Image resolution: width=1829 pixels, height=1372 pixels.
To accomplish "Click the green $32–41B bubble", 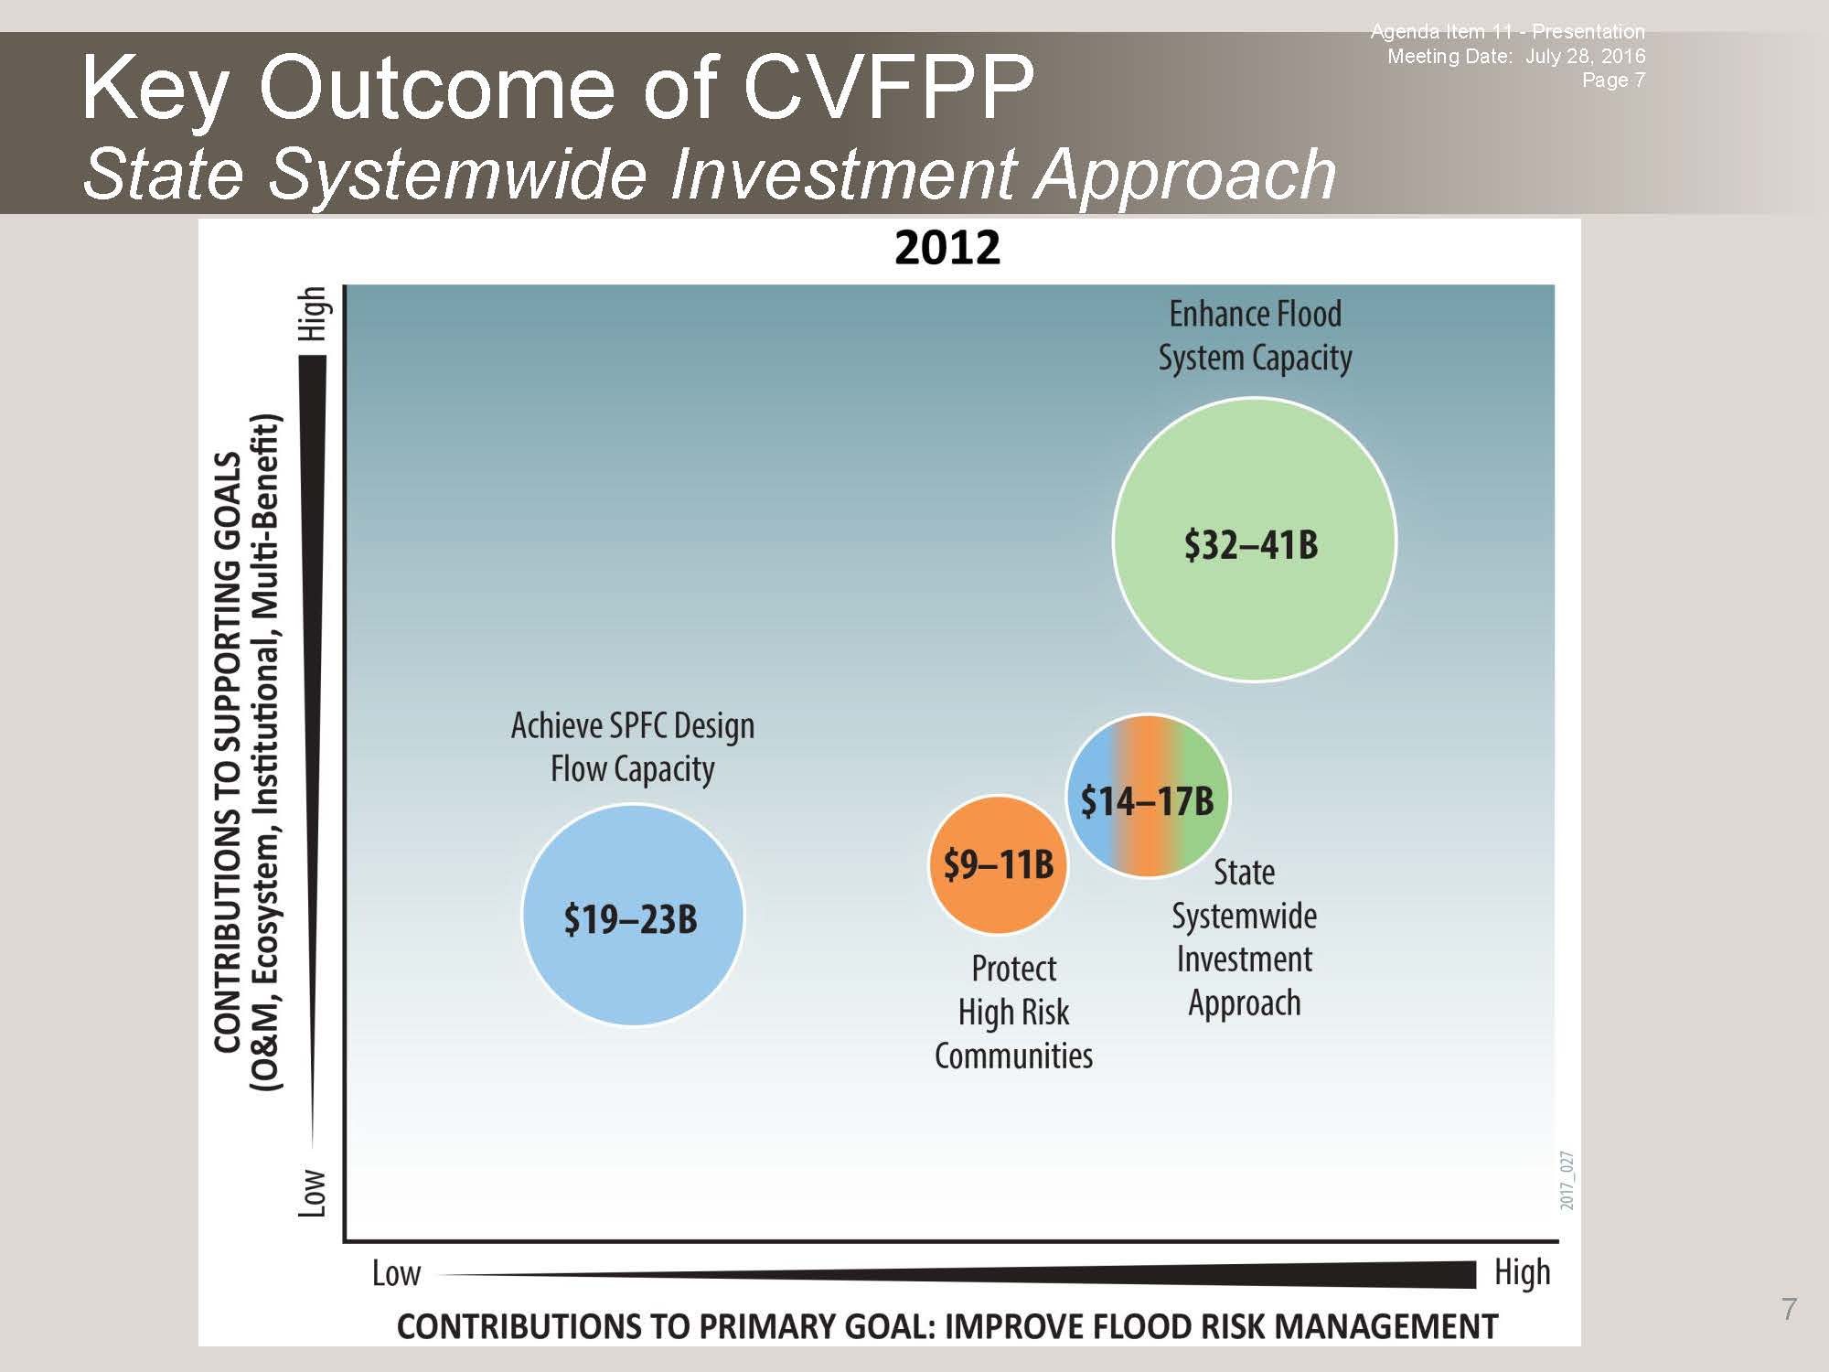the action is click(1255, 540).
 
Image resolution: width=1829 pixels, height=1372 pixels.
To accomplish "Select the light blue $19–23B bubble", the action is click(633, 915).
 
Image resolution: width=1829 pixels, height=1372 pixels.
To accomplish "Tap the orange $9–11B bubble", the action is click(999, 864).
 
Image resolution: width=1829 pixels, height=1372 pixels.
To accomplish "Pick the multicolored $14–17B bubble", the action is click(1148, 797).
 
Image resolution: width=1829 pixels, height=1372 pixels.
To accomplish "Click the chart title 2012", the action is click(947, 248).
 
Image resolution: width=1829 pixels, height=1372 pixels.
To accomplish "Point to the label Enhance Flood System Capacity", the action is click(1256, 336).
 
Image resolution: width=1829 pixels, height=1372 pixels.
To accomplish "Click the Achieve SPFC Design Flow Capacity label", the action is click(633, 747).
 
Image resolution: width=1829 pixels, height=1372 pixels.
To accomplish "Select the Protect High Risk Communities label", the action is click(1013, 1012).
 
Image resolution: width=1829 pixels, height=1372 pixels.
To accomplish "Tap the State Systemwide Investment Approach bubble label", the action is click(1245, 938).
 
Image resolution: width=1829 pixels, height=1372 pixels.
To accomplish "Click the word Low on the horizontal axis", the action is click(396, 1273).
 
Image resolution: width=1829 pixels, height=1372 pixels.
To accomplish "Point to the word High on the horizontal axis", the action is click(1523, 1272).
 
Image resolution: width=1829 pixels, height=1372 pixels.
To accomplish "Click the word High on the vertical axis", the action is click(313, 314).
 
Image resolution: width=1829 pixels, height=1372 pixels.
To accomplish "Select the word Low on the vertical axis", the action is click(313, 1193).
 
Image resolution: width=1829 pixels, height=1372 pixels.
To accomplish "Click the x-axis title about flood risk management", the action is click(947, 1326).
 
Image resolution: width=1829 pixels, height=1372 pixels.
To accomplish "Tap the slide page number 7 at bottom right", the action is click(1790, 1309).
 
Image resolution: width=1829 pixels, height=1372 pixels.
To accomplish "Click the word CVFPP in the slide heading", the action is click(889, 87).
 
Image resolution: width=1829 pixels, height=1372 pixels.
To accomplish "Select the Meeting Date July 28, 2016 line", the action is click(1516, 56).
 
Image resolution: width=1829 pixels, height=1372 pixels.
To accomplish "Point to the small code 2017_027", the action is click(1567, 1181).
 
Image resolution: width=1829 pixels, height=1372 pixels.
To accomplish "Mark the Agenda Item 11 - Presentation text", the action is click(1507, 32).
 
